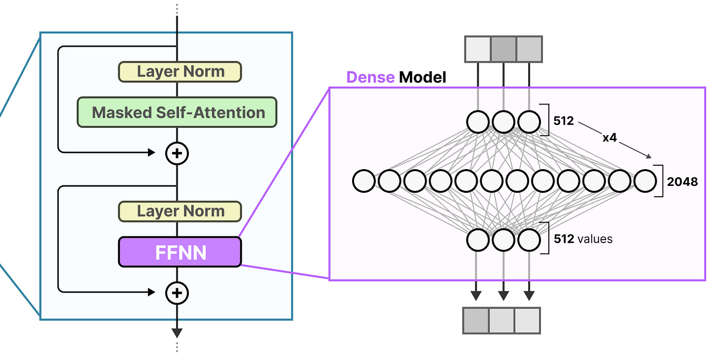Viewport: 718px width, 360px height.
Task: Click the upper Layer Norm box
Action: click(180, 72)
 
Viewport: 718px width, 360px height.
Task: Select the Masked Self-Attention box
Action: click(177, 112)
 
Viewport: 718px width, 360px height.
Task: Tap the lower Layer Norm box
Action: click(180, 211)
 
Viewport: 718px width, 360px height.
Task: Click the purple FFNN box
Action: click(180, 252)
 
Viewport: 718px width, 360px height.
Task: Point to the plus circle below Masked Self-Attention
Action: click(177, 154)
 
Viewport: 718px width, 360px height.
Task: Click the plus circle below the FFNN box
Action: click(177, 293)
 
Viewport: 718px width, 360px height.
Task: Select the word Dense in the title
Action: click(370, 77)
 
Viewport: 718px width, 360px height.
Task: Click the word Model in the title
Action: click(423, 77)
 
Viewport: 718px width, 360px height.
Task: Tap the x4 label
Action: click(610, 138)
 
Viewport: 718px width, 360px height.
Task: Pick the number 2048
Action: click(682, 181)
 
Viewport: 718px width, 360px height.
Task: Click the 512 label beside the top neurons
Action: click(564, 121)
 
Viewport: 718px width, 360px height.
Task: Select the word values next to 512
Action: click(595, 239)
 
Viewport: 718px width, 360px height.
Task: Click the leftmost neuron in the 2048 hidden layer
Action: click(363, 181)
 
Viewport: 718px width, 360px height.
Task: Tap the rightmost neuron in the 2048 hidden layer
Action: click(645, 181)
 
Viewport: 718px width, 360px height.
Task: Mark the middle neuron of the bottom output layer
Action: click(503, 240)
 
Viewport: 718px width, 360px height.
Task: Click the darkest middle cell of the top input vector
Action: click(503, 49)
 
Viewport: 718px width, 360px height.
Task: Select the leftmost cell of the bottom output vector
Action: click(476, 321)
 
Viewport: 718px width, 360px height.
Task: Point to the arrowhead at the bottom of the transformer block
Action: click(177, 333)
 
